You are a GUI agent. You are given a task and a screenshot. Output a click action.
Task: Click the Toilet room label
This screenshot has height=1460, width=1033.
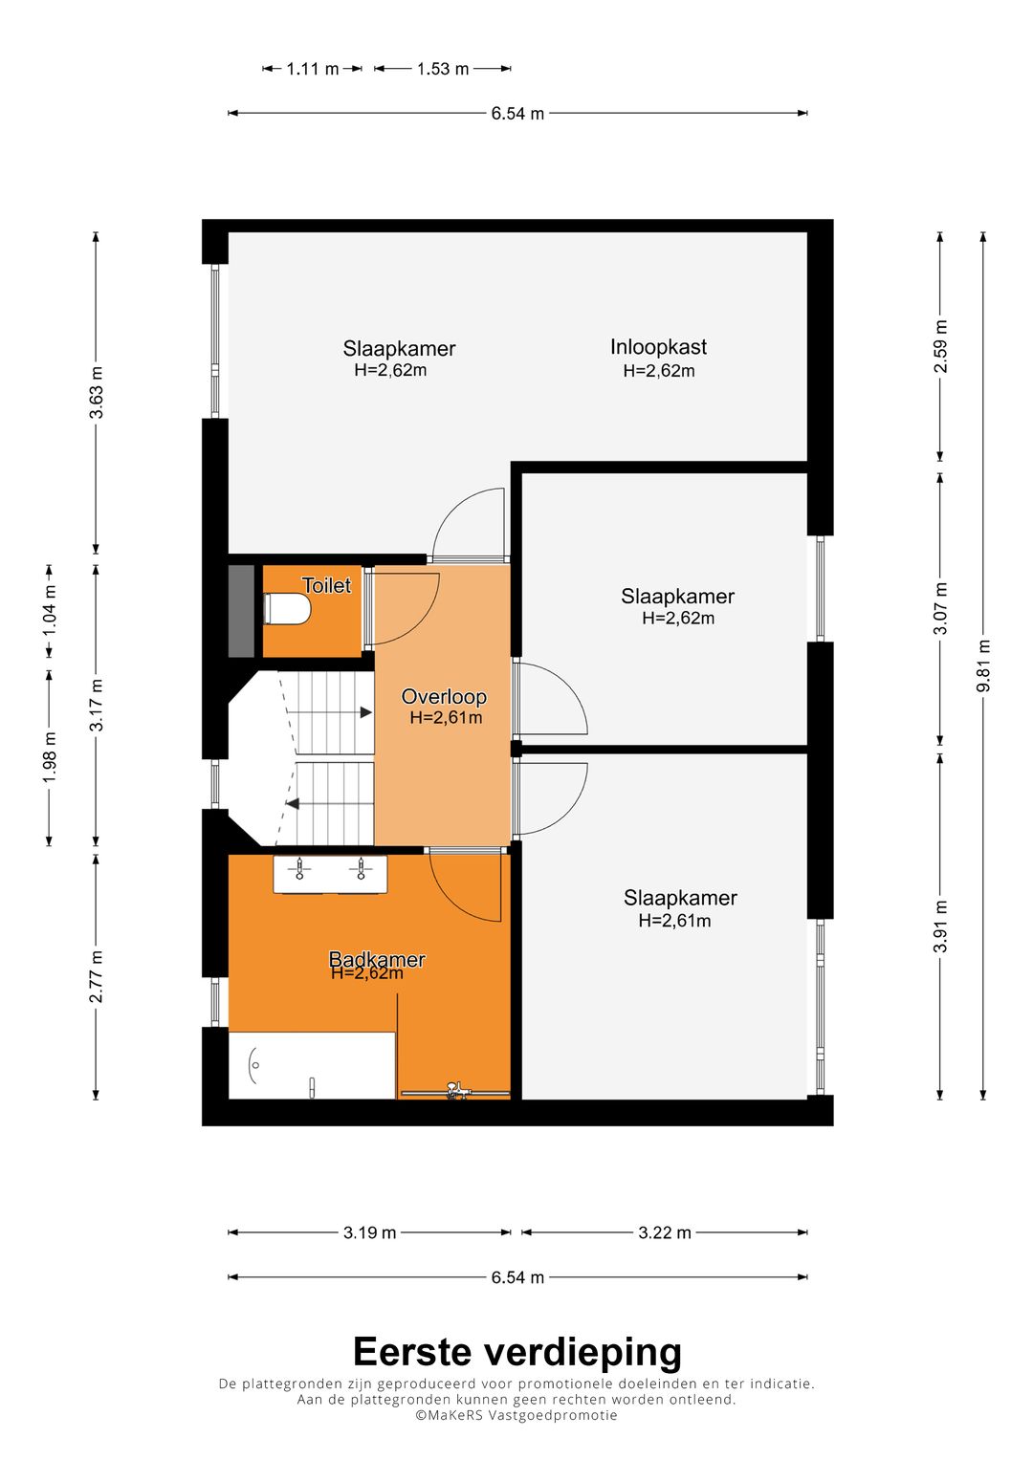(326, 585)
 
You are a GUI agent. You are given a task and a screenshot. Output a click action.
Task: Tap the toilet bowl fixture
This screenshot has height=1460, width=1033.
(287, 609)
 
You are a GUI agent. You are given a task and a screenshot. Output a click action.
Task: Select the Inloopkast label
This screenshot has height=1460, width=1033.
(658, 347)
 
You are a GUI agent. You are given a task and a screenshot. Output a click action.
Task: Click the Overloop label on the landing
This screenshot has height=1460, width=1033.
(444, 696)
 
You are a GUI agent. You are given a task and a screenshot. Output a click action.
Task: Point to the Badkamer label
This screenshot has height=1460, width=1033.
(377, 959)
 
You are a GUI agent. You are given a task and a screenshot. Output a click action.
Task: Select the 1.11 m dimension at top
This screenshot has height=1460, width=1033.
(313, 69)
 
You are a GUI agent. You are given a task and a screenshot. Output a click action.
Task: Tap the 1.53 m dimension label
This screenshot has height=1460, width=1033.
(443, 69)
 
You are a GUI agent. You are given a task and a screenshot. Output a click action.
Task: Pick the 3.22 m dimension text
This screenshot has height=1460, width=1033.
(665, 1232)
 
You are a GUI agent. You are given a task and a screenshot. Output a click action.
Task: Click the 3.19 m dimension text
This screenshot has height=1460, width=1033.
(370, 1232)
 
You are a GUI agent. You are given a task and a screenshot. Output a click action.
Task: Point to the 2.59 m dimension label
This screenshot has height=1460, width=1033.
(940, 346)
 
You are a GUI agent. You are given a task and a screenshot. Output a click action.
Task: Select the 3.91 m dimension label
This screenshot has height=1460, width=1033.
(940, 926)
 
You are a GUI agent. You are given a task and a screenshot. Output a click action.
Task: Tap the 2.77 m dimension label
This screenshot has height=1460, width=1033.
(96, 976)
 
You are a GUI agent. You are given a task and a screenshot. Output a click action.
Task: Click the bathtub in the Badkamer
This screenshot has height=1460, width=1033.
(312, 1065)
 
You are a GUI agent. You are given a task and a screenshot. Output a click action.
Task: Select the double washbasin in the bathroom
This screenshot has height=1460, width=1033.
(330, 873)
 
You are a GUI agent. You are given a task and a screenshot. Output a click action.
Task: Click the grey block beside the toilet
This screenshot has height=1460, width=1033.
(241, 611)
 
